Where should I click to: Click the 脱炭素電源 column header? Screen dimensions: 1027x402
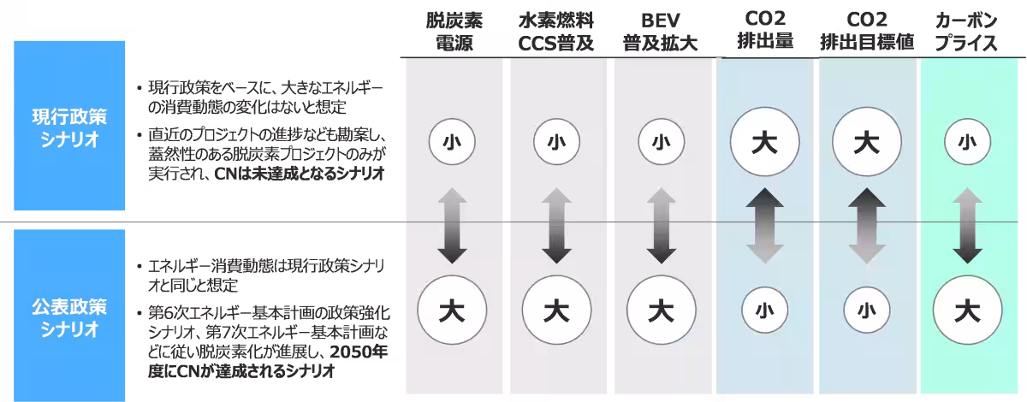(x=454, y=32)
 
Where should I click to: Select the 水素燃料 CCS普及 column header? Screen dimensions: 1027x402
(x=556, y=32)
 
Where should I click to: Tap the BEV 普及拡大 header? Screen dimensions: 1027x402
(x=660, y=32)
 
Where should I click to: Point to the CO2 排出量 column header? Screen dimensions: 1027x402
(x=765, y=30)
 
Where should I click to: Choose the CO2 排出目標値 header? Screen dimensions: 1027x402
(x=867, y=31)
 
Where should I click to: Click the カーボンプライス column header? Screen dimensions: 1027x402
(x=966, y=32)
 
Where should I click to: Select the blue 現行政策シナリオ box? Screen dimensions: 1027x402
(x=69, y=126)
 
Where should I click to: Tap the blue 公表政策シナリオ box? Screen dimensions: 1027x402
(x=69, y=316)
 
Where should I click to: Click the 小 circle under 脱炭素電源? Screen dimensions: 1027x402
(x=452, y=142)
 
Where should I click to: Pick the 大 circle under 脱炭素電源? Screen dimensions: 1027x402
(x=452, y=310)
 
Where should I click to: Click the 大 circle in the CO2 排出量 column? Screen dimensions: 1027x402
(x=765, y=142)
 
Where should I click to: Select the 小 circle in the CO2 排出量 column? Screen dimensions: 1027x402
(x=765, y=310)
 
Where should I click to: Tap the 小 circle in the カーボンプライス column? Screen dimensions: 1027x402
(x=967, y=142)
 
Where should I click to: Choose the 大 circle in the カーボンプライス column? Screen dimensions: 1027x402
(x=967, y=310)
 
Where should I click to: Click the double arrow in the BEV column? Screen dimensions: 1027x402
(x=661, y=225)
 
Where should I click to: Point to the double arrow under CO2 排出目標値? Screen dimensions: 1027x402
(x=866, y=225)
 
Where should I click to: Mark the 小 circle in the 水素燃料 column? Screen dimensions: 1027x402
(x=556, y=142)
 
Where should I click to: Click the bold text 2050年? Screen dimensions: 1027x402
(x=359, y=352)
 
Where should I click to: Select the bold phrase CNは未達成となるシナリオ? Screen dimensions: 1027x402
(x=300, y=174)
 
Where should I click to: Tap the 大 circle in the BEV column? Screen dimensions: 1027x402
(x=661, y=310)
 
